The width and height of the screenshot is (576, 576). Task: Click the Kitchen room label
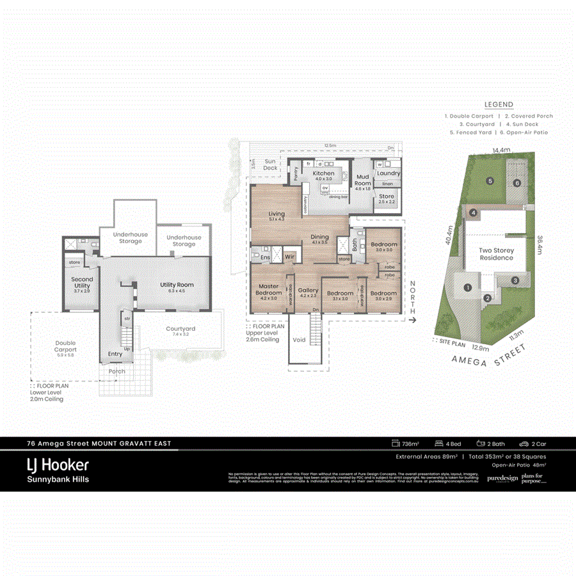click(x=323, y=173)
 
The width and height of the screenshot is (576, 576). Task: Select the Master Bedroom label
click(x=268, y=289)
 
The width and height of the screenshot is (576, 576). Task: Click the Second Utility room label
click(x=82, y=282)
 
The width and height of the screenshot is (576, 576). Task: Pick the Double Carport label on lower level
click(x=65, y=346)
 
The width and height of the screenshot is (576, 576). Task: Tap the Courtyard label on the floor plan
click(x=180, y=329)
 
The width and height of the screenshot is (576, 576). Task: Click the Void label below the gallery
click(x=299, y=340)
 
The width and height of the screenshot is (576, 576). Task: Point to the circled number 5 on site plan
click(x=489, y=181)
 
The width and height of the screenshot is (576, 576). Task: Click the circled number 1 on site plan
click(x=468, y=288)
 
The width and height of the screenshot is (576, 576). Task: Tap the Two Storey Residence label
click(x=497, y=254)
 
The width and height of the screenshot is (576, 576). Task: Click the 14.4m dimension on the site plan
click(x=501, y=150)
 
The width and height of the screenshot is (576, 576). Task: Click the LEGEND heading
click(x=499, y=104)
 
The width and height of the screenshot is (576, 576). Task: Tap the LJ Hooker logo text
click(x=57, y=465)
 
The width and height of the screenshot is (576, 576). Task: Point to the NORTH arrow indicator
click(x=413, y=301)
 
